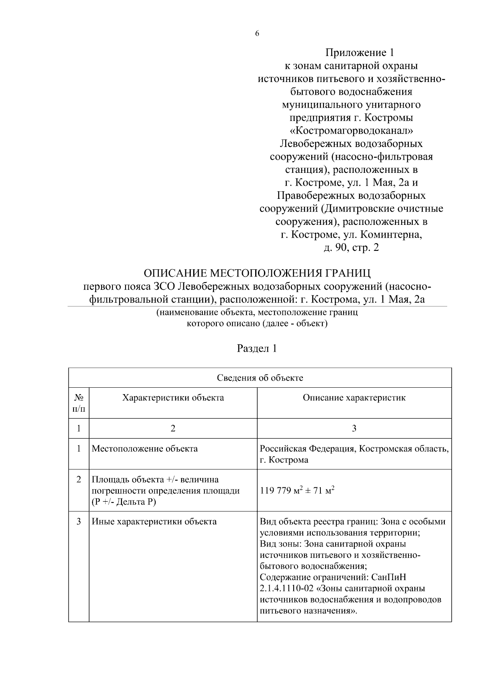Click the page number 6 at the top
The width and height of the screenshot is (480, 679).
(257, 34)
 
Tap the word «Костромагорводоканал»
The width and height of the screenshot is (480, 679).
(351, 131)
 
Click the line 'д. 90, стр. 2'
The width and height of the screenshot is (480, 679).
(351, 248)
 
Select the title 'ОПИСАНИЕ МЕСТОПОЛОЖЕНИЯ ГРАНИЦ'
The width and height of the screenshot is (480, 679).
(257, 273)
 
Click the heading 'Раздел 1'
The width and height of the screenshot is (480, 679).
(257, 349)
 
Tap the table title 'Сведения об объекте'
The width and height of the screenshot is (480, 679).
(260, 378)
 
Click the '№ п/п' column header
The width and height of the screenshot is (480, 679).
(79, 403)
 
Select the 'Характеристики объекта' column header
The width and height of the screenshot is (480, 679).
(173, 398)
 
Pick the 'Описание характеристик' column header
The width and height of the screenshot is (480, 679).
(354, 398)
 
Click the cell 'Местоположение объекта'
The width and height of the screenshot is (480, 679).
(145, 449)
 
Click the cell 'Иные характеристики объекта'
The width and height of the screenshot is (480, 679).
(154, 522)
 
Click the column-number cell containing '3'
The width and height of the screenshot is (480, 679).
(354, 429)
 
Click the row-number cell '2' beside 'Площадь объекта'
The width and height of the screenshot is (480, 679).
(79, 479)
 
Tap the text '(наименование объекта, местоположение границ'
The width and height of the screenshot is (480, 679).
(257, 312)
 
